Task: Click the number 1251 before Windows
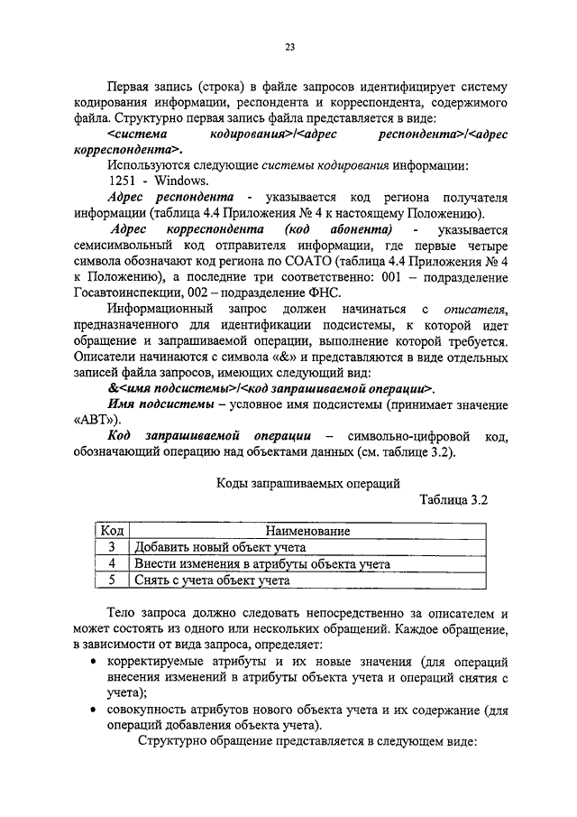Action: coord(123,181)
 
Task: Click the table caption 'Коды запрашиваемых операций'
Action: coord(306,485)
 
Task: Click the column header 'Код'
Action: coord(112,531)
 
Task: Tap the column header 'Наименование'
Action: coord(307,532)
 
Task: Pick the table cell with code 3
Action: coord(112,548)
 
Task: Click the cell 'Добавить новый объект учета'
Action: coord(221,548)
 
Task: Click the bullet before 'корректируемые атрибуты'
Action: coord(96,662)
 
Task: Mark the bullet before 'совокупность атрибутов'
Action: coord(96,710)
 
